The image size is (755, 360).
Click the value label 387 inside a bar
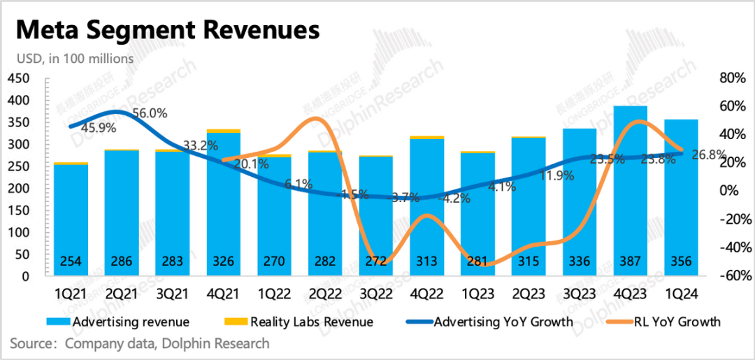pyautogui.click(x=631, y=262)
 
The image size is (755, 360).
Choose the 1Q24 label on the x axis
pyautogui.click(x=679, y=294)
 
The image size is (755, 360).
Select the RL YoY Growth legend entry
pyautogui.click(x=667, y=322)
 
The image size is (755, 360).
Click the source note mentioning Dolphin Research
pyautogui.click(x=140, y=343)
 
